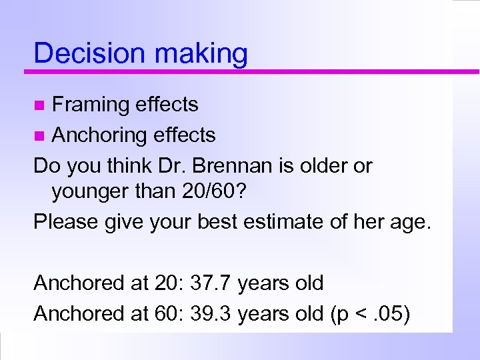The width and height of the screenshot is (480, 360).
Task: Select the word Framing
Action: coord(91,105)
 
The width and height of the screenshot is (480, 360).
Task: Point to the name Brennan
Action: coord(245,165)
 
